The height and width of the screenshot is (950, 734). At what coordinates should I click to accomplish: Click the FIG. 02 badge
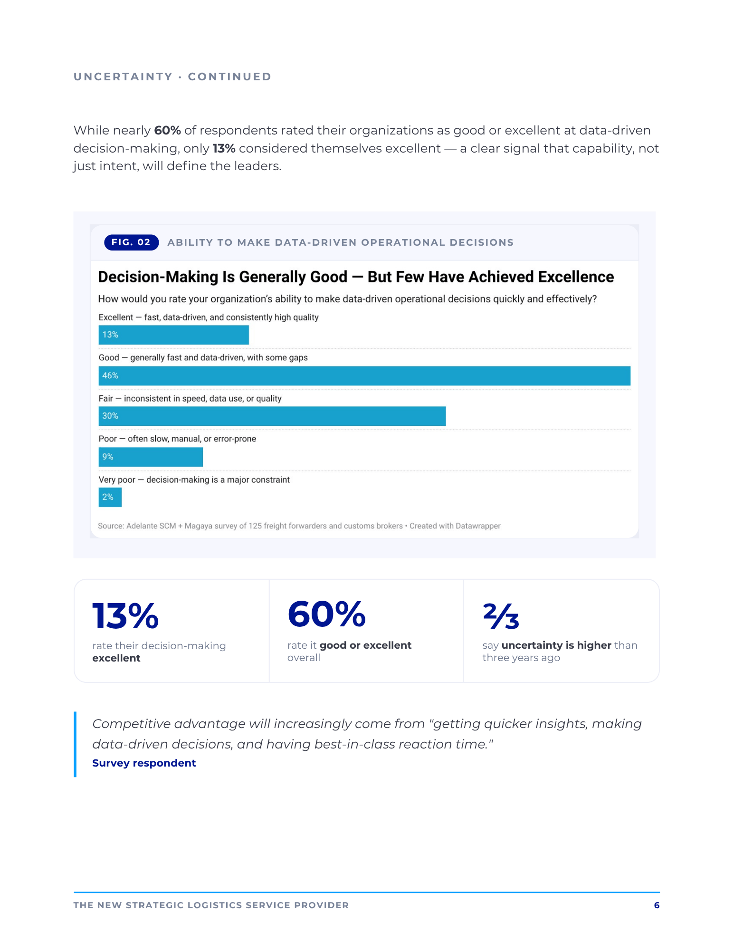click(x=131, y=242)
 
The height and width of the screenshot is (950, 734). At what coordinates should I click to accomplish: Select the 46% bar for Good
click(x=364, y=375)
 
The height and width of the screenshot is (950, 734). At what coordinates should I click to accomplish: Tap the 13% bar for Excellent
click(x=173, y=335)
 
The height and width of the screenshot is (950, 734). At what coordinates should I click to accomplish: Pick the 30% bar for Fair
click(x=272, y=416)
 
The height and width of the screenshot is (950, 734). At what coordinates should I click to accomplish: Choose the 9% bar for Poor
click(x=151, y=457)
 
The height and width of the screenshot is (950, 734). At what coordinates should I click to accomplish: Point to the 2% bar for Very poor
click(x=110, y=497)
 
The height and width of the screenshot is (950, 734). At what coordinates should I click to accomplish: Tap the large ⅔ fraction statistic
click(x=501, y=615)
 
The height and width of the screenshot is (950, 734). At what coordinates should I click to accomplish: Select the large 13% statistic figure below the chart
click(x=125, y=616)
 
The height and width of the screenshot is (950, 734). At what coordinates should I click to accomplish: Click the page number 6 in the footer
click(x=657, y=905)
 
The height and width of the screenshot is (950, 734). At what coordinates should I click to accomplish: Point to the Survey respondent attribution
click(x=144, y=763)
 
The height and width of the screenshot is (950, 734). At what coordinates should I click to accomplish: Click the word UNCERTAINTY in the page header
click(x=123, y=77)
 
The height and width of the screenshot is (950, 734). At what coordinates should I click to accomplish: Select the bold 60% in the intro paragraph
click(x=167, y=130)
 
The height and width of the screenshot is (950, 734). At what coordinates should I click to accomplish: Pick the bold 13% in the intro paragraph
click(x=224, y=148)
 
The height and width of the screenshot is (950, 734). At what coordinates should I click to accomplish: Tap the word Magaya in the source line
click(x=199, y=526)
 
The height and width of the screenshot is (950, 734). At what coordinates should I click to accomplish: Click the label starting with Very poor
click(x=194, y=480)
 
